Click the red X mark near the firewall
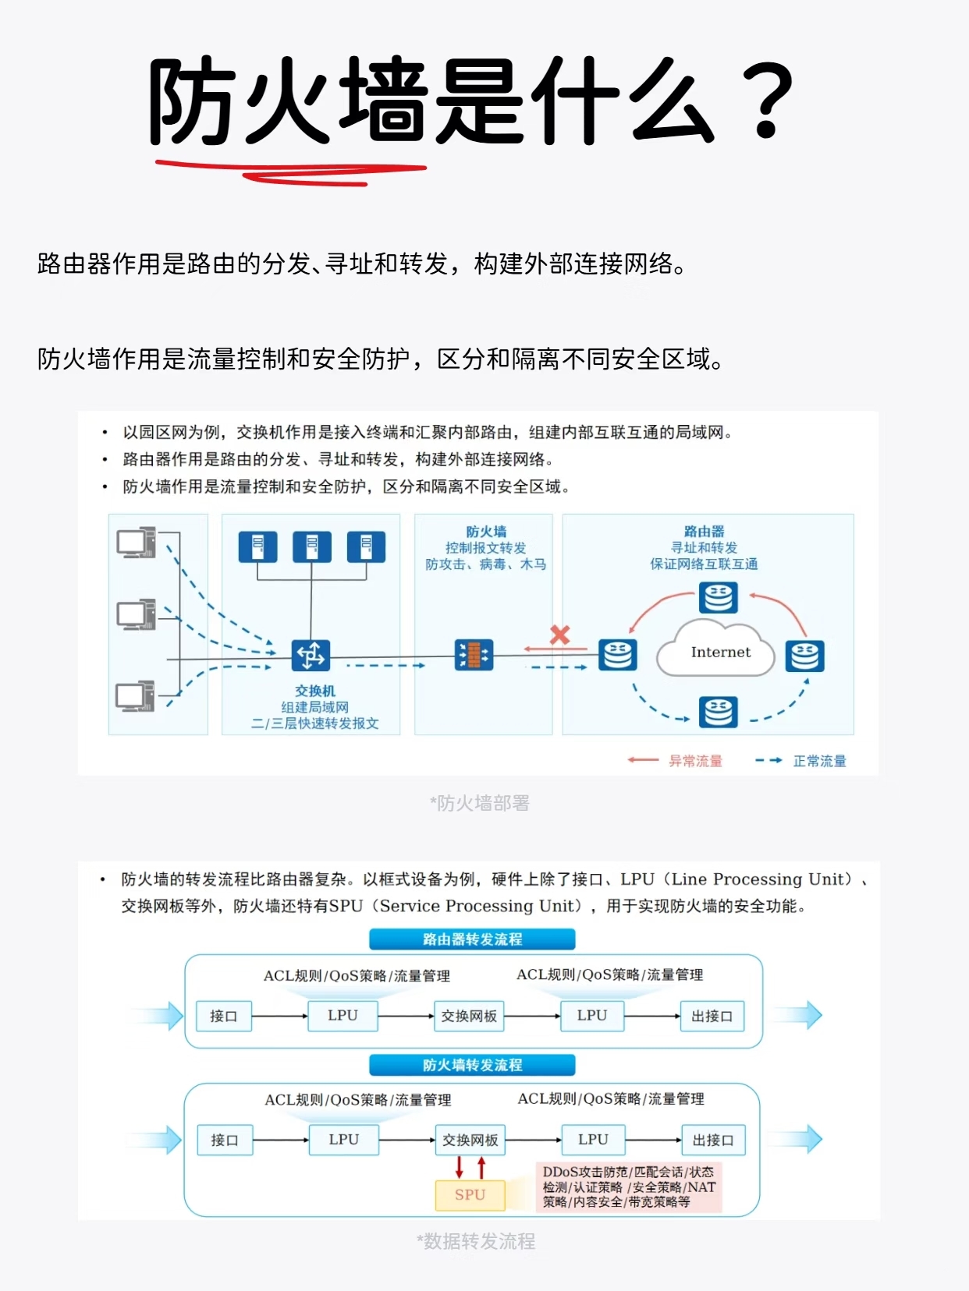pos(559,634)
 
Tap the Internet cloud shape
pos(717,653)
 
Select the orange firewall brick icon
pos(474,655)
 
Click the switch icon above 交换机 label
pos(311,655)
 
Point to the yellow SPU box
pos(470,1194)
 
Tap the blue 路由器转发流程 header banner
pos(472,939)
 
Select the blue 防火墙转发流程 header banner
pos(472,1065)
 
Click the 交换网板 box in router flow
pos(469,1016)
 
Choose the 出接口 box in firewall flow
pos(713,1140)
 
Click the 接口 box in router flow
pos(223,1016)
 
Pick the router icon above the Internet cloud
pos(718,598)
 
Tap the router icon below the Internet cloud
pos(718,712)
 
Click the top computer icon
pos(136,543)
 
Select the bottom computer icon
pos(136,696)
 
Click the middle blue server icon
pos(312,546)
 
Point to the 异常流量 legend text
pos(695,761)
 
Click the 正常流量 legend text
pos(819,761)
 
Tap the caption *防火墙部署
pos(479,803)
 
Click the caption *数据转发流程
pos(476,1241)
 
